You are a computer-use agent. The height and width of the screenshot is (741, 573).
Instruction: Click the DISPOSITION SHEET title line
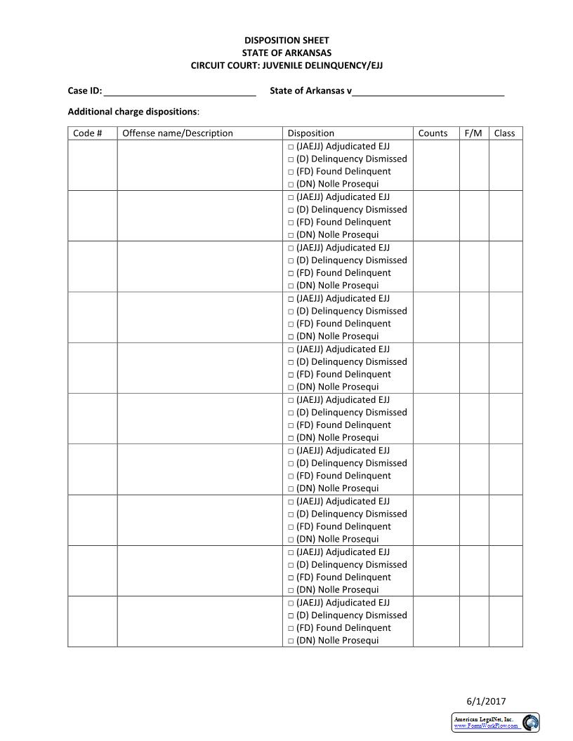point(286,41)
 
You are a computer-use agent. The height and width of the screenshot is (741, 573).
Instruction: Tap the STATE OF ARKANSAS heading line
point(286,53)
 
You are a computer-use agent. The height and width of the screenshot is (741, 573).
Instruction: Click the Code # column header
point(88,133)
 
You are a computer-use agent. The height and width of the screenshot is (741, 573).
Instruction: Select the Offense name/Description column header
point(178,133)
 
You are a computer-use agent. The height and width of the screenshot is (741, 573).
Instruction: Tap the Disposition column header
point(311,133)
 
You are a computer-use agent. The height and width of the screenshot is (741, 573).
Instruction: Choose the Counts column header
point(433,133)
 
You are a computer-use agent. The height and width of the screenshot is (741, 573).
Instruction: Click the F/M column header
point(473,133)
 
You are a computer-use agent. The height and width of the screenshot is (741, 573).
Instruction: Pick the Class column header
point(504,133)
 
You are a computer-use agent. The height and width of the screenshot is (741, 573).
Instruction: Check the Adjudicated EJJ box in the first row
point(291,147)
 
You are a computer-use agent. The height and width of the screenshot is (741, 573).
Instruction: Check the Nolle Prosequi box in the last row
point(291,641)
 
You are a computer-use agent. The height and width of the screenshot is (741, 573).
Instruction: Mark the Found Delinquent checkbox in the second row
point(291,222)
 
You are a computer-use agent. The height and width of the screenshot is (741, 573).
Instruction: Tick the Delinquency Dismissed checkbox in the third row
point(291,260)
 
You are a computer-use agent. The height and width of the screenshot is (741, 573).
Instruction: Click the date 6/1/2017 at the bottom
point(486,701)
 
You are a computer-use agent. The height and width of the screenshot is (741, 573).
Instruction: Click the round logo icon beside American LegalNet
point(530,722)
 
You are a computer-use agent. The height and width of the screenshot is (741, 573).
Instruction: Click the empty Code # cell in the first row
point(92,166)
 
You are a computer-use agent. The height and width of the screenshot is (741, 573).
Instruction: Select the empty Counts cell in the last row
point(436,622)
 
